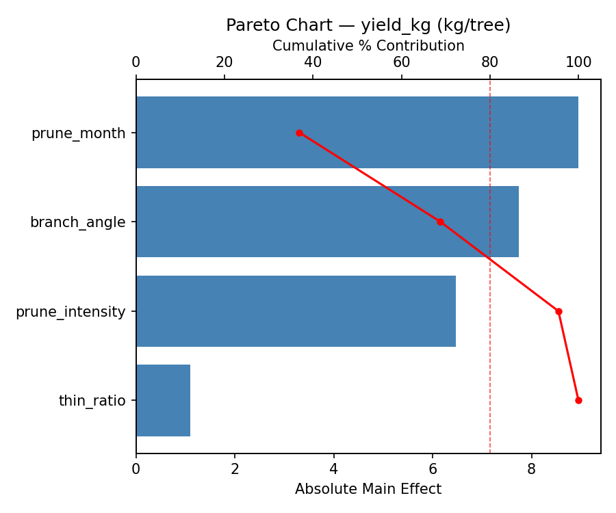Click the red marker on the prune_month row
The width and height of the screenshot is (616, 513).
coord(299,133)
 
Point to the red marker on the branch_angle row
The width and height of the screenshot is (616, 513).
coord(440,222)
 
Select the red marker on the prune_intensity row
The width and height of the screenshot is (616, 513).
coord(559,311)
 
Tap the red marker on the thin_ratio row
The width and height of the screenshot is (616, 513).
coord(578,400)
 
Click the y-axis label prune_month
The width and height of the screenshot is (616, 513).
coord(79,133)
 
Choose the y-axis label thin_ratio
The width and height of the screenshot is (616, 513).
coord(92,401)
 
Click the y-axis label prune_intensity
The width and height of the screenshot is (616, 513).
coord(70,312)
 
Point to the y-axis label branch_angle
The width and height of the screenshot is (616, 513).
coord(78,222)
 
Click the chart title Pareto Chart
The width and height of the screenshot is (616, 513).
coord(368,25)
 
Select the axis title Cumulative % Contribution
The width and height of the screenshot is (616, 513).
coord(368,46)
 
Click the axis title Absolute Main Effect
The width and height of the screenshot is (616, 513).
coord(368,489)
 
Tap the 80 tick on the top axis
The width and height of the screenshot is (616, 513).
coord(490,62)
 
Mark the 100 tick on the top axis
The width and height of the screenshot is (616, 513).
coord(578,62)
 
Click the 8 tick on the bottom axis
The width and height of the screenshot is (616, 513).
coord(532,469)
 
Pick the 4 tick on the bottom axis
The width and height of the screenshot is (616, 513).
coord(334,469)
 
